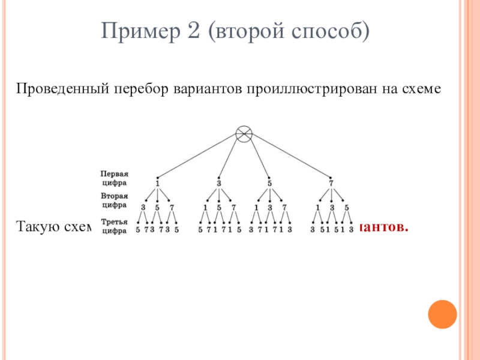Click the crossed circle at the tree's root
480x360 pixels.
point(244,135)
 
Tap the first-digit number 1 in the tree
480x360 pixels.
point(157,184)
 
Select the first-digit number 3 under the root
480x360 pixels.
point(219,184)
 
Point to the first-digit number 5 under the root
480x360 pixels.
point(269,184)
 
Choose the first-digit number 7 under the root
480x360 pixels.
point(331,184)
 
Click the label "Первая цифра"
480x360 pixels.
point(114,178)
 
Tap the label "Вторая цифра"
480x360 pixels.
point(114,200)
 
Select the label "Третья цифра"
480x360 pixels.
point(114,225)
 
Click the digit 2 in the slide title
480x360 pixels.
point(194,29)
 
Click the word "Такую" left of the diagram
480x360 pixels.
point(36,227)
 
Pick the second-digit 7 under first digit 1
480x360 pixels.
point(172,208)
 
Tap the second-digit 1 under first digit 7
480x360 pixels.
point(317,208)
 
